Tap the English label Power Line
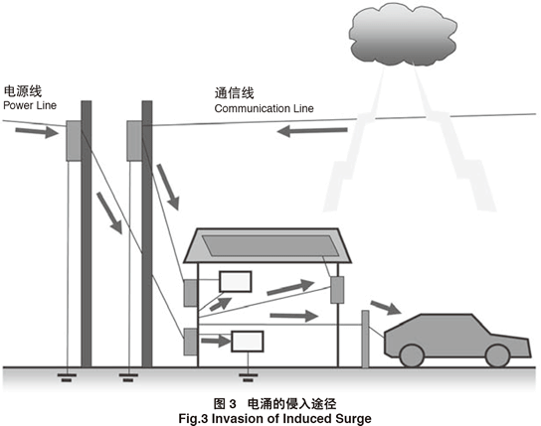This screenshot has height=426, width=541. coord(30,105)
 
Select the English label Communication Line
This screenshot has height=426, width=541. coord(264,108)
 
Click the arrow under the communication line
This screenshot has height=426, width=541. coord(312,131)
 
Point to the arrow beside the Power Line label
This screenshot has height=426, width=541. coord(37,131)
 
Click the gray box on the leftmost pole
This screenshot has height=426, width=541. coord(74,140)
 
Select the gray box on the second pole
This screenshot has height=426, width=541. coord(134,140)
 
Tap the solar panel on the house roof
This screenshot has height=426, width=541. coord(270,245)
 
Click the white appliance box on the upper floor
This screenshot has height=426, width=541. coord(236,281)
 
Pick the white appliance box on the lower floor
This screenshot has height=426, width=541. coord(248,341)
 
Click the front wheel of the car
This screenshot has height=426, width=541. coord(497,355)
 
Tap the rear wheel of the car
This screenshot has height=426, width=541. coord(412,355)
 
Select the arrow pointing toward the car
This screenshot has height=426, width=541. coord(386,307)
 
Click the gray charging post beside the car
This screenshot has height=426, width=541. coord(365,339)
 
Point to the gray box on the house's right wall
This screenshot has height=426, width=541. coord(337,290)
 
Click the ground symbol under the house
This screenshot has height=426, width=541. coord(248,377)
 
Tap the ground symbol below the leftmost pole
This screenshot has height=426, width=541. coord(67,377)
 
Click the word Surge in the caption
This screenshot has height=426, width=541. coord(353,419)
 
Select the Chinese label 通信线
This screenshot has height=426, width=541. coord(235,93)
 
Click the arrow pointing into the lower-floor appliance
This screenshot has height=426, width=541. coord(216,341)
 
